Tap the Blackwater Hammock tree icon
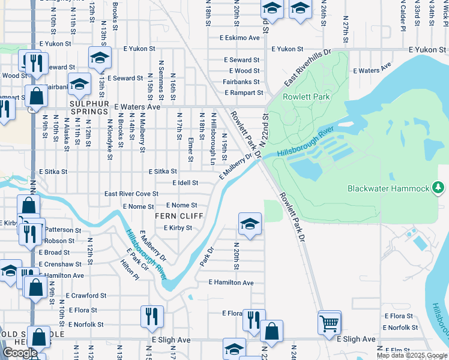(x=439, y=188)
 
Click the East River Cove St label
(x=131, y=194)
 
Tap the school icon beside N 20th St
(x=250, y=224)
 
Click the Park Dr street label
(x=206, y=259)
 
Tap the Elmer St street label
(x=190, y=149)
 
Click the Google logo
(x=20, y=353)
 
